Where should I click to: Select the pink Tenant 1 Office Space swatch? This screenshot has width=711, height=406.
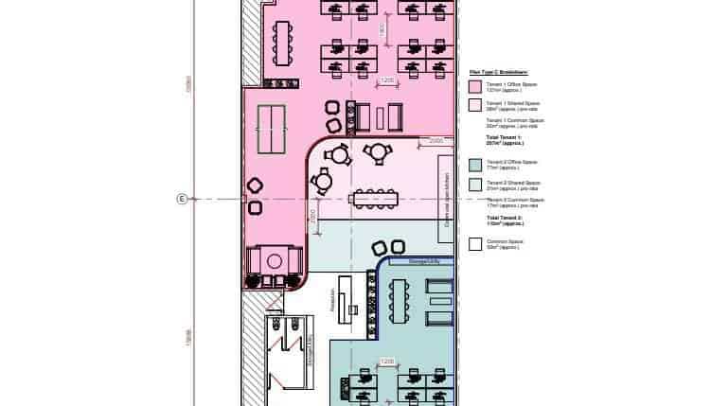[x=476, y=86]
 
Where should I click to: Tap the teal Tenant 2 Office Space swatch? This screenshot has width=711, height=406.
[x=476, y=164]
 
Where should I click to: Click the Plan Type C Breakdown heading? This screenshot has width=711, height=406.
[x=498, y=71]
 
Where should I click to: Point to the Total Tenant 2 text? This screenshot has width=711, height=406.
[x=506, y=221]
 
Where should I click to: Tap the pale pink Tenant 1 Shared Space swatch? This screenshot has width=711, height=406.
[x=476, y=105]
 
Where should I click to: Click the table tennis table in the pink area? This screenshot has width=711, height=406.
[x=273, y=121]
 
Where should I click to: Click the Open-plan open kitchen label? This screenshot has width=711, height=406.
[x=445, y=201]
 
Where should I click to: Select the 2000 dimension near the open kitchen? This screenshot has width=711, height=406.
[x=435, y=141]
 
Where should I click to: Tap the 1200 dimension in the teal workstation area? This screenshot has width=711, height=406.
[x=386, y=362]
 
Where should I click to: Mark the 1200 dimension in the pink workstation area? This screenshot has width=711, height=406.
[x=386, y=81]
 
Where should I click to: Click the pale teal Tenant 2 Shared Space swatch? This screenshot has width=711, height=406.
[x=476, y=183]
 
